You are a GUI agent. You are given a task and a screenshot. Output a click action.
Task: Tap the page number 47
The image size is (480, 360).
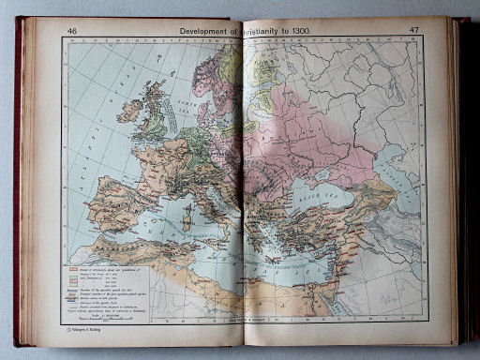pos(413,30)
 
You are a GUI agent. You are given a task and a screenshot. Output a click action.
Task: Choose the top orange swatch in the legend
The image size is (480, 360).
pos(71,269)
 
